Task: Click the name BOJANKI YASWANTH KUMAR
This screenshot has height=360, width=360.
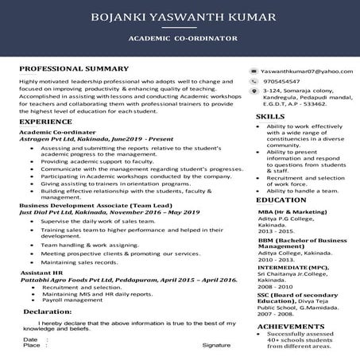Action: click(180, 17)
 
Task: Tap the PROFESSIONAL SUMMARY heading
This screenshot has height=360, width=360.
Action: click(74, 69)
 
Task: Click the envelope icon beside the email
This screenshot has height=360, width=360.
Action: click(254, 72)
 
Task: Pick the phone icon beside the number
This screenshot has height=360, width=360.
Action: click(254, 81)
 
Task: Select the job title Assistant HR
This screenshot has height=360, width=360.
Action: click(41, 271)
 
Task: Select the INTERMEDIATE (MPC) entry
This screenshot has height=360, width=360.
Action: click(288, 268)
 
